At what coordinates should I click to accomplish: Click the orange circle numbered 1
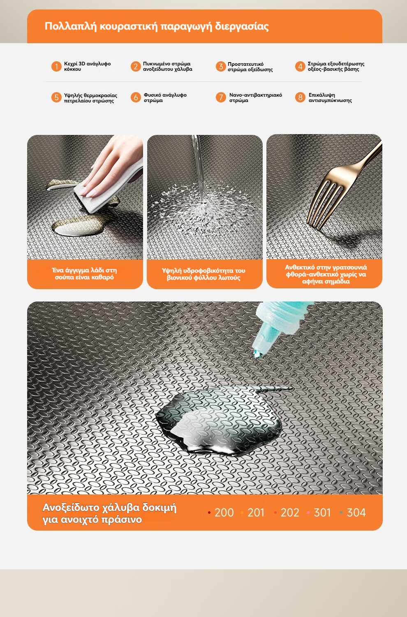click(x=56, y=66)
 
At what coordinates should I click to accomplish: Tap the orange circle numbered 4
click(x=300, y=66)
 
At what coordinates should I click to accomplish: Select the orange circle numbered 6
click(x=136, y=97)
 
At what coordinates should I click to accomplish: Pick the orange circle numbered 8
click(x=300, y=97)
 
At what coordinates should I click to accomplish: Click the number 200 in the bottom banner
click(x=224, y=513)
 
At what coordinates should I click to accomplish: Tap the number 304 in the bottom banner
click(x=356, y=513)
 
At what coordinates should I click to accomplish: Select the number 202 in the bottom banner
click(x=290, y=513)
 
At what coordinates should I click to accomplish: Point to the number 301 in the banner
click(x=322, y=513)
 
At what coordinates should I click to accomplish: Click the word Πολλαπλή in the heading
click(x=70, y=26)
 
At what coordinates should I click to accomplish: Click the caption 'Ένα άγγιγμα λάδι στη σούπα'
click(x=84, y=274)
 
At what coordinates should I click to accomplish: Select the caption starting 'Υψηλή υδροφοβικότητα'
click(x=203, y=274)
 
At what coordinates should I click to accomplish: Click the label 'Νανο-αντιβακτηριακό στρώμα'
click(x=256, y=97)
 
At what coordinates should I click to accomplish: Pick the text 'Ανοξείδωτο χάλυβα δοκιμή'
click(x=109, y=507)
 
